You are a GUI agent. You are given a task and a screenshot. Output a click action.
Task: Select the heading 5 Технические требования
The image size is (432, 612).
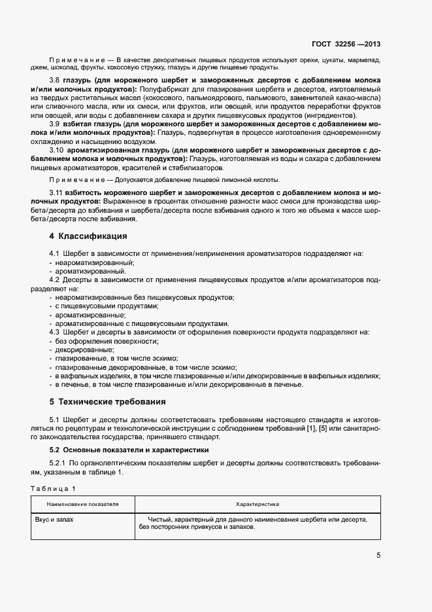click(x=107, y=401)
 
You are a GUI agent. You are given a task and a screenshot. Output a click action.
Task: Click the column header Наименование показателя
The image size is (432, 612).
click(x=82, y=505)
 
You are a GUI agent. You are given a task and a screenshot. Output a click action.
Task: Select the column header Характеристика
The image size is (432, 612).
click(x=258, y=505)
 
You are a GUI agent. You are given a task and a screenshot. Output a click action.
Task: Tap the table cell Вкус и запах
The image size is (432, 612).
click(x=54, y=519)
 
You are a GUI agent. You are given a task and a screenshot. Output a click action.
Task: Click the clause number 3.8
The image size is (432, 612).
click(x=55, y=80)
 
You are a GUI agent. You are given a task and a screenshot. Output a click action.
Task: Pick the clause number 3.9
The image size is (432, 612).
click(x=55, y=124)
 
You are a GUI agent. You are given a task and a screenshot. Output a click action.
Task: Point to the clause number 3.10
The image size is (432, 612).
click(x=57, y=150)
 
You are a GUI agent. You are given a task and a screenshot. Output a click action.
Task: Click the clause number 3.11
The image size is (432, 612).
click(x=57, y=193)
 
